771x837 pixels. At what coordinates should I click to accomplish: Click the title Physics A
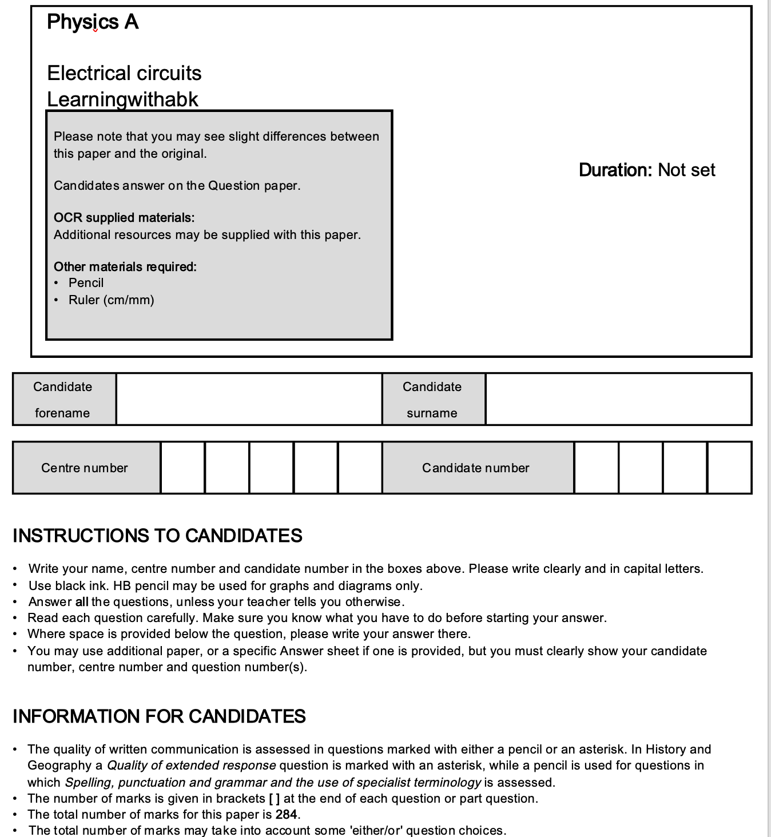coord(93,22)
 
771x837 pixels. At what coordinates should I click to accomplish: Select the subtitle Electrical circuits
coord(124,73)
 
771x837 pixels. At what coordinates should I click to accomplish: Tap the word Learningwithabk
coord(122,99)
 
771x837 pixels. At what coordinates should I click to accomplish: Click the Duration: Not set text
coord(647,170)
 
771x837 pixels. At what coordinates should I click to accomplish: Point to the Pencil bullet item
coord(86,283)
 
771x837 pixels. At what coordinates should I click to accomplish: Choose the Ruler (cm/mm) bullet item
coord(111,300)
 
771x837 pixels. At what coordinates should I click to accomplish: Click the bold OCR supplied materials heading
coord(124,218)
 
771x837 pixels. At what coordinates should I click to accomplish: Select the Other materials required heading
coord(125,267)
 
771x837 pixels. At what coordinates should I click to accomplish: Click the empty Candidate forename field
coord(249,399)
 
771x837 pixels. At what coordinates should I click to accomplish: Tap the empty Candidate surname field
coord(618,399)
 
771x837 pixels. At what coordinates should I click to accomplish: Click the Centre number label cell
coord(85,468)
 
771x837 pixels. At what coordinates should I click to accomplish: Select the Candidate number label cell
coord(476,468)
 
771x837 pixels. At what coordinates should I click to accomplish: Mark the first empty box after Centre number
coord(182,468)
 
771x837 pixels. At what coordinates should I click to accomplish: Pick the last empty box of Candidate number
coord(729,468)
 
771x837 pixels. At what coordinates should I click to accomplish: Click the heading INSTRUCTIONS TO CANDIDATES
coord(157,536)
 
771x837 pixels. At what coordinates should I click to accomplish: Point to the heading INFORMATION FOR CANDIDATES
coord(159,716)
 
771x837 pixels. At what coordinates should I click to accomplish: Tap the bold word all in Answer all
coord(82,602)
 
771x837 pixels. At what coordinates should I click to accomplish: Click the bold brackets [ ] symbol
coord(274,799)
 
